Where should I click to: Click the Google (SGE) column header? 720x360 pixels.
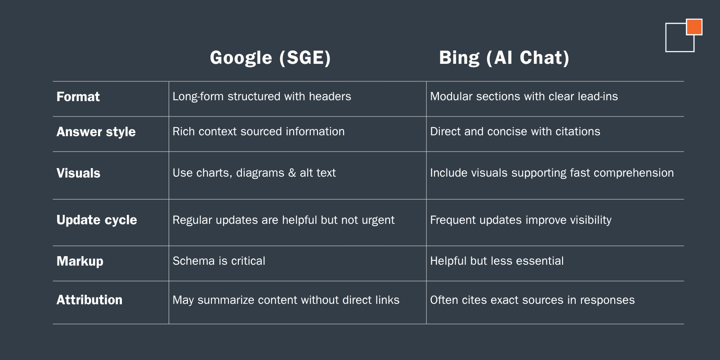coord(270,58)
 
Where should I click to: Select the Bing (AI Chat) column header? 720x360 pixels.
coord(504,58)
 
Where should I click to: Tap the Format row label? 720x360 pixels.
coord(78,97)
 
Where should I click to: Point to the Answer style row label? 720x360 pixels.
coord(96,132)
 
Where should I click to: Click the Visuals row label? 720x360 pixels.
coord(78,173)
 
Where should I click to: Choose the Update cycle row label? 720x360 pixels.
coord(97,220)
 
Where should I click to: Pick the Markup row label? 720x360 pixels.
coord(80,261)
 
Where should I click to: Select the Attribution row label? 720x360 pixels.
coord(89,300)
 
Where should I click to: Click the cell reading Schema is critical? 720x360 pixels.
coord(219,261)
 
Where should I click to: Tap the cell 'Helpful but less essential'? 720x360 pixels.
coord(497,261)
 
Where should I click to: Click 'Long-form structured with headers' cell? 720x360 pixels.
coord(262,96)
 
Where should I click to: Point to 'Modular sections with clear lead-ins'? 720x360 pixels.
coord(524,96)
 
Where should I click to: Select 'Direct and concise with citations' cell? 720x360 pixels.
coord(515,131)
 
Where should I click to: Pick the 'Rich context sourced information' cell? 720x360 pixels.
coord(259,131)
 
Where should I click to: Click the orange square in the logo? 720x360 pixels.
coord(694,27)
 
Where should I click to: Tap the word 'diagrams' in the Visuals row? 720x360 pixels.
coord(260,173)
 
